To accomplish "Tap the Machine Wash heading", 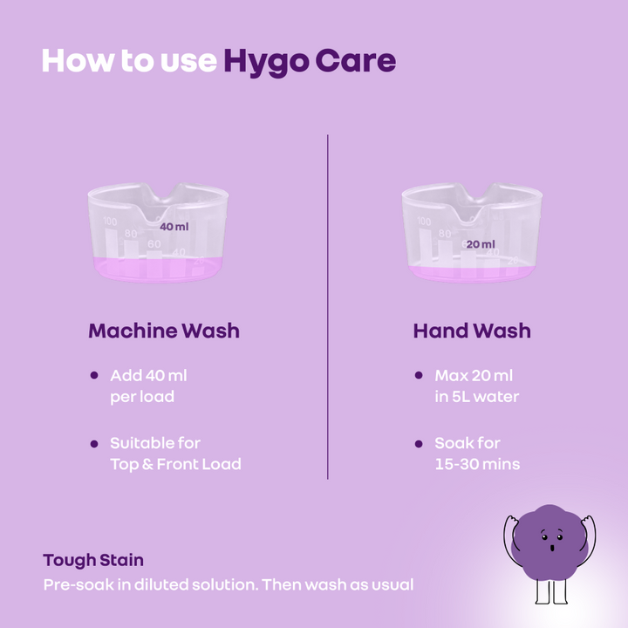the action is [164, 331].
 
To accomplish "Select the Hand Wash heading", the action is [472, 331].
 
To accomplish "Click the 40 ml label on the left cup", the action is [174, 227].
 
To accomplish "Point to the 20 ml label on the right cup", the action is [481, 244].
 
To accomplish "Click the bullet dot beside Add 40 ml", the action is [94, 375].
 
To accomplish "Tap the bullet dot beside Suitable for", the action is [94, 444].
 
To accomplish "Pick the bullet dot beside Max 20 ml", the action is [419, 375].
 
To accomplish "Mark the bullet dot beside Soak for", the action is [419, 444].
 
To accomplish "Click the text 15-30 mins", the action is [477, 464].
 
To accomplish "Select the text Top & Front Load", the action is [175, 464].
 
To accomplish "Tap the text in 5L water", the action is [476, 397].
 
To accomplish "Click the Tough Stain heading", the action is [93, 560].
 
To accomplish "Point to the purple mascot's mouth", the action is [552, 548].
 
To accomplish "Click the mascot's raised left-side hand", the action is [510, 521].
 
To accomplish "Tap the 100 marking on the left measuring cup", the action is [110, 221].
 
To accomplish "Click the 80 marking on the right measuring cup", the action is [445, 234].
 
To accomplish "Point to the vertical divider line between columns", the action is [328, 307].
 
